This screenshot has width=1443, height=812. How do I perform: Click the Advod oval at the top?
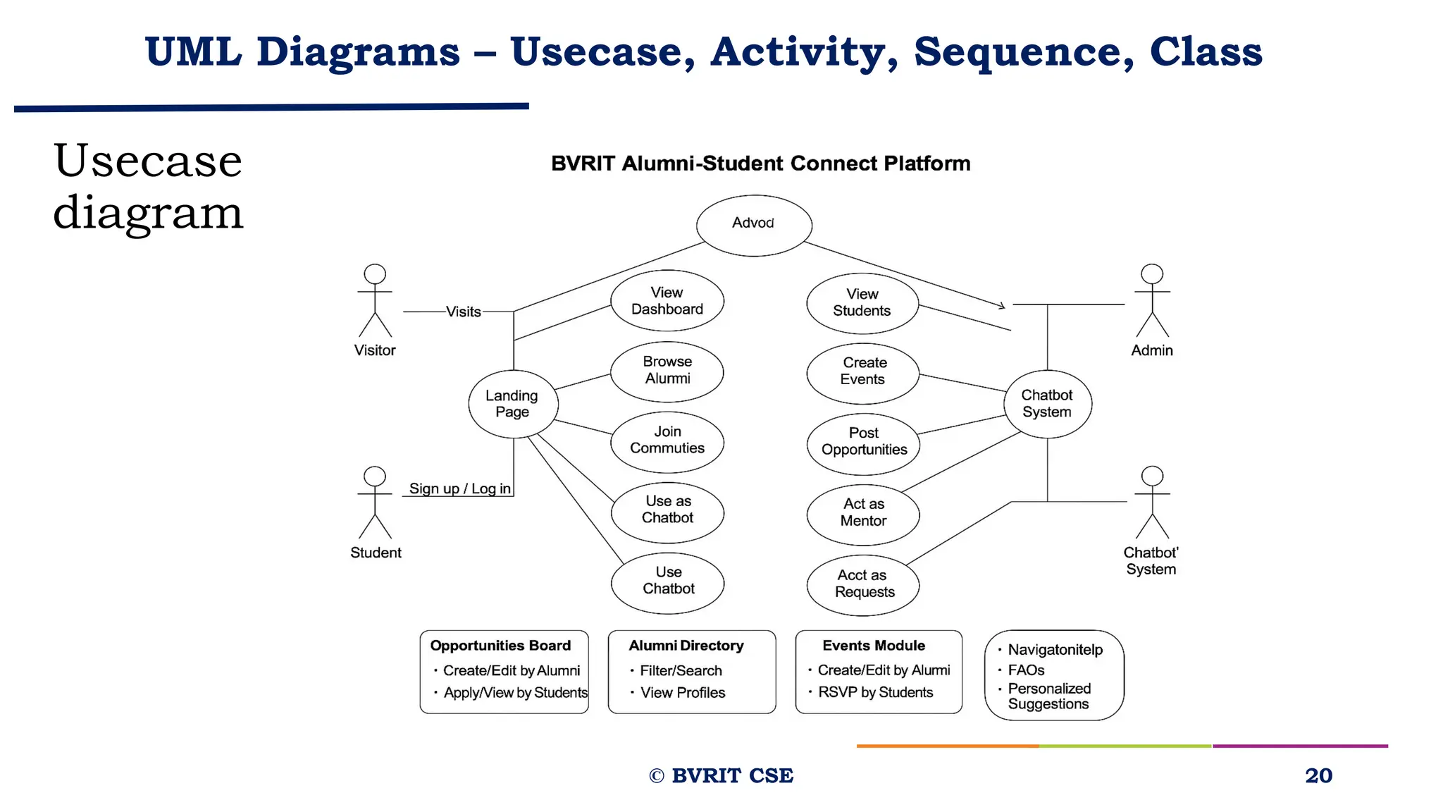tap(754, 225)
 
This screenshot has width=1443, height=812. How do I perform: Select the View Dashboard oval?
tap(667, 301)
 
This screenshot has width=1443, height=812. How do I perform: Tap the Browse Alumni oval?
tap(667, 371)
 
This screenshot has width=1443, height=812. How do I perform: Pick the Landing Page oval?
tap(513, 404)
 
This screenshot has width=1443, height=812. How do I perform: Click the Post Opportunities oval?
tap(863, 442)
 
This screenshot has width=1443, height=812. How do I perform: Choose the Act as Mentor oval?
tap(863, 513)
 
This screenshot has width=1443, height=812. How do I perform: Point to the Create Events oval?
tap(863, 371)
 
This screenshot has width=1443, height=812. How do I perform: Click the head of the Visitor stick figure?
tap(375, 274)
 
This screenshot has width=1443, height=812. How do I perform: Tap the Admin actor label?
tap(1151, 350)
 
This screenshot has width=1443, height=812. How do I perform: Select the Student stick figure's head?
tap(375, 476)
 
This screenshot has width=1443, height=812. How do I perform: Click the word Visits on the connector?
tap(463, 312)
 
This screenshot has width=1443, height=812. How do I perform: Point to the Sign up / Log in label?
tap(459, 488)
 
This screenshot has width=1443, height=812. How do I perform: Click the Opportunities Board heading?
tap(500, 646)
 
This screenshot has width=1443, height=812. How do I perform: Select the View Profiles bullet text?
tap(682, 693)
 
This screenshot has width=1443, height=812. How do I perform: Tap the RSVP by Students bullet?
tap(875, 693)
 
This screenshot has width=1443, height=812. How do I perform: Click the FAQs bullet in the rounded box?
tap(1026, 670)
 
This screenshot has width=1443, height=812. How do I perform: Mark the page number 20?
tap(1318, 775)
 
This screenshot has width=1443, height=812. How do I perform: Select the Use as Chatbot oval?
tap(667, 510)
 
